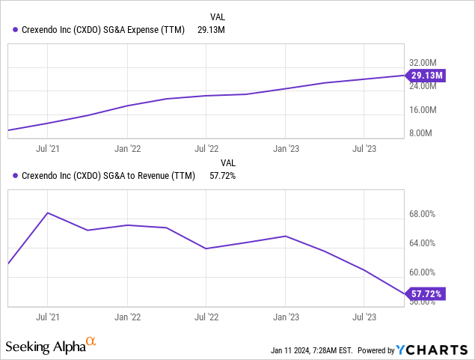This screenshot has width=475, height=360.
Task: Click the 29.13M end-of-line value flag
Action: coord(426,75)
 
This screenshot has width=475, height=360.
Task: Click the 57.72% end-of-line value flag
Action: coord(426,294)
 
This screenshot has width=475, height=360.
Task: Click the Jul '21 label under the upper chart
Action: coord(48,148)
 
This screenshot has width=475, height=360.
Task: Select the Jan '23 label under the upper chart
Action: coord(286,148)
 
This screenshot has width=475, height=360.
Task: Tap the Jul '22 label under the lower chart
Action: coord(206,317)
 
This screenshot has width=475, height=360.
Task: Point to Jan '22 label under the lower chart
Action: coord(127,317)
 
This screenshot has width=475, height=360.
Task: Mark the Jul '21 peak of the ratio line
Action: coord(48,213)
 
